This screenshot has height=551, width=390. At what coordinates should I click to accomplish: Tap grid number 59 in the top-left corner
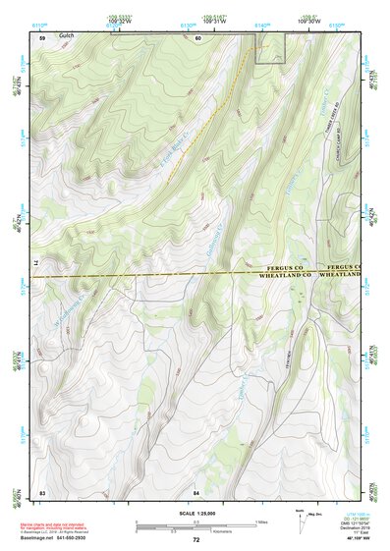point(42,37)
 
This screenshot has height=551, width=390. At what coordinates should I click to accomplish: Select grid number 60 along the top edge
point(197,38)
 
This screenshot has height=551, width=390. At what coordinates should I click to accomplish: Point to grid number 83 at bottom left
point(42,491)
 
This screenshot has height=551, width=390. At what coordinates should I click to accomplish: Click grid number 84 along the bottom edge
point(196,491)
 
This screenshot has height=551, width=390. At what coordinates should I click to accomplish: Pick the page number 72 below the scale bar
point(196,540)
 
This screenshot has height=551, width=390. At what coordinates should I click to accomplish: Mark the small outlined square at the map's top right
point(271,48)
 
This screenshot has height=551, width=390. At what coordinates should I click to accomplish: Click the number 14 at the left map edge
point(37,265)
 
